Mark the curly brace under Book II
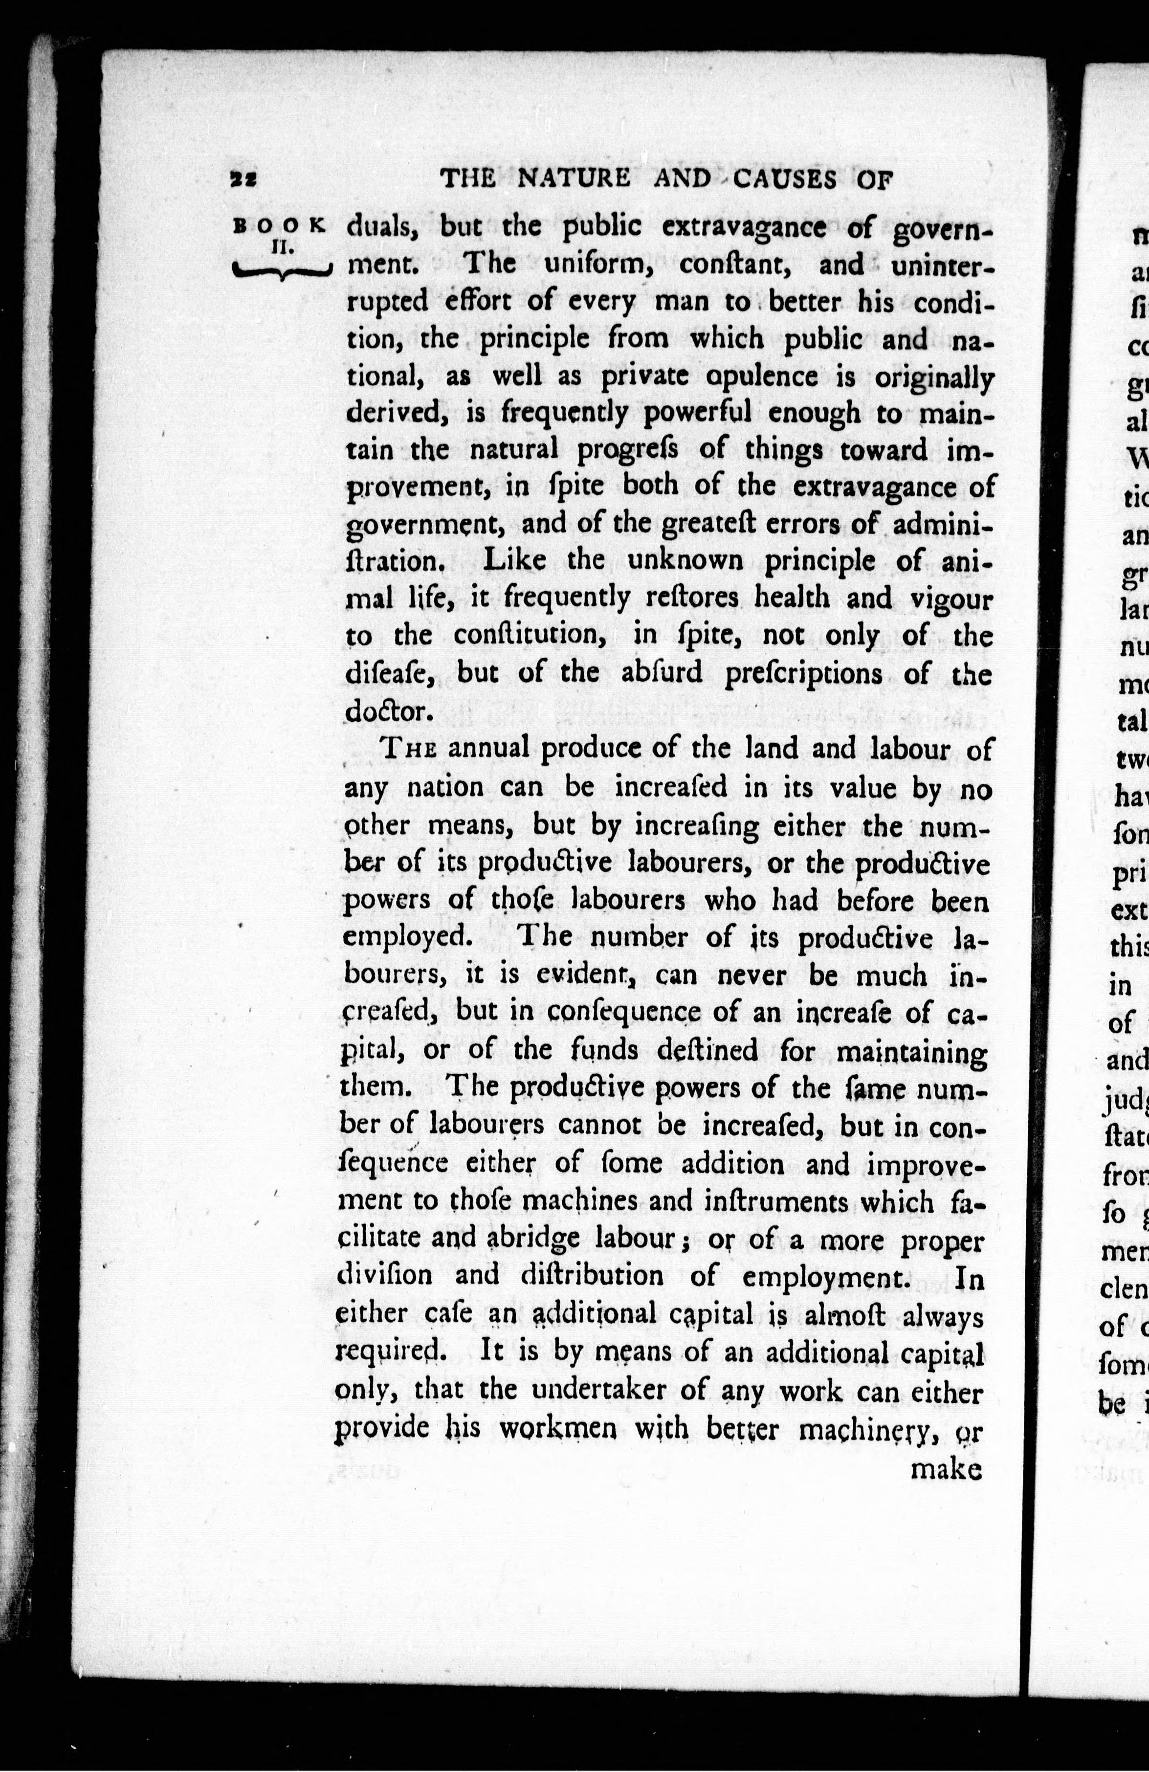(x=280, y=272)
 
